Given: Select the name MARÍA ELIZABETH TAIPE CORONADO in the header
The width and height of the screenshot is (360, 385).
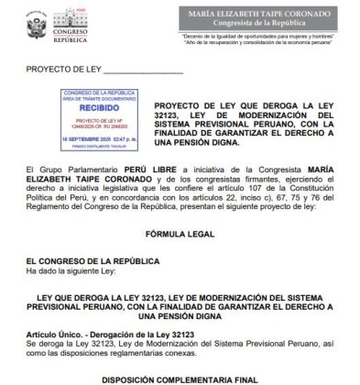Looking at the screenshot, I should (267, 13).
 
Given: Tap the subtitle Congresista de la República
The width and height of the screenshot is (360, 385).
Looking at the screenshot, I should (267, 25).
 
